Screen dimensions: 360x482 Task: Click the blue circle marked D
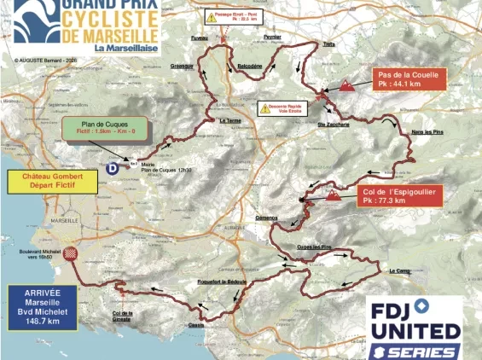click(x=113, y=169)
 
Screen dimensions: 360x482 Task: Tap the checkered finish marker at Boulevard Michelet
click(x=73, y=253)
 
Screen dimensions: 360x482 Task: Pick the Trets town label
click(x=328, y=44)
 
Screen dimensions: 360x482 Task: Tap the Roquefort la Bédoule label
click(x=222, y=280)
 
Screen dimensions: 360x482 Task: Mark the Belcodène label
click(x=250, y=65)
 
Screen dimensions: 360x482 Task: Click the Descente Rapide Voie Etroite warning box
click(x=283, y=108)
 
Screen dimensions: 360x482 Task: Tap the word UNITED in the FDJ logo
click(x=415, y=328)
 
